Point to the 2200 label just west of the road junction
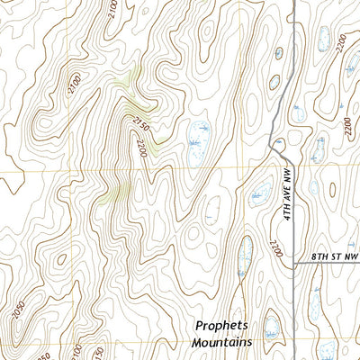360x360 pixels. coord(275,247)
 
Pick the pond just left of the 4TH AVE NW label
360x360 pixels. coord(260,191)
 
